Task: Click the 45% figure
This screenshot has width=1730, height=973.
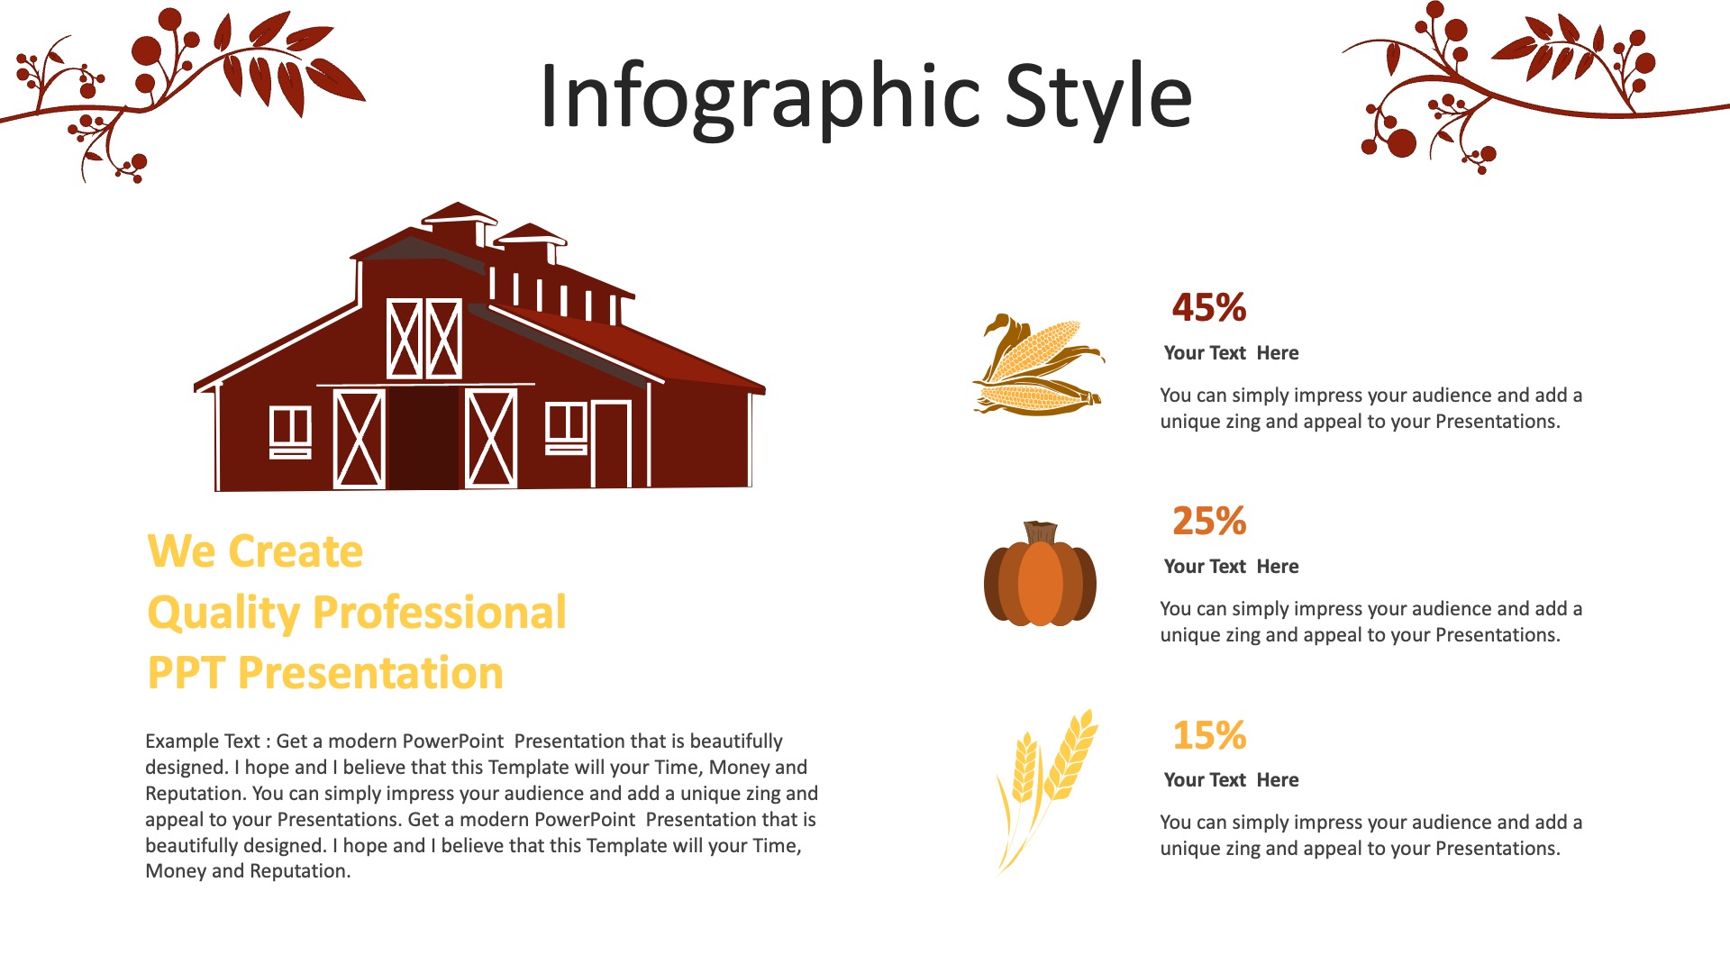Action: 1209,307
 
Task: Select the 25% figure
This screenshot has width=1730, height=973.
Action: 1209,521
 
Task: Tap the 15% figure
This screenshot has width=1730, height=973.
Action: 1209,735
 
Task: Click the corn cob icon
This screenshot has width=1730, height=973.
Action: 1038,365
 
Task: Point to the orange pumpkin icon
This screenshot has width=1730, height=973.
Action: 1040,574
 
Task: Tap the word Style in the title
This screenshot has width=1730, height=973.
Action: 1098,95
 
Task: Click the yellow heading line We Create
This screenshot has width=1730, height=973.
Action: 255,551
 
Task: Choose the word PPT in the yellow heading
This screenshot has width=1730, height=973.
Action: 186,673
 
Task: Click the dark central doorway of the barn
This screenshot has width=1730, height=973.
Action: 423,438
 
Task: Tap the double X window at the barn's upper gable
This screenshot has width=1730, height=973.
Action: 423,338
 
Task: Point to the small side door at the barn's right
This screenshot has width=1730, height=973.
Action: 611,443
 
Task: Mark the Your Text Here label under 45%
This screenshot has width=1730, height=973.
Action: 1231,353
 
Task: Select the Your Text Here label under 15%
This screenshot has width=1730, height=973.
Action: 1231,780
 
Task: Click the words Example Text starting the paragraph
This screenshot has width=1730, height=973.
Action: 203,741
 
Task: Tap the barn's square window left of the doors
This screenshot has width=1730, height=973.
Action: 290,431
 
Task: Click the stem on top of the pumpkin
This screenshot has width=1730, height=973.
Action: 1041,532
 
